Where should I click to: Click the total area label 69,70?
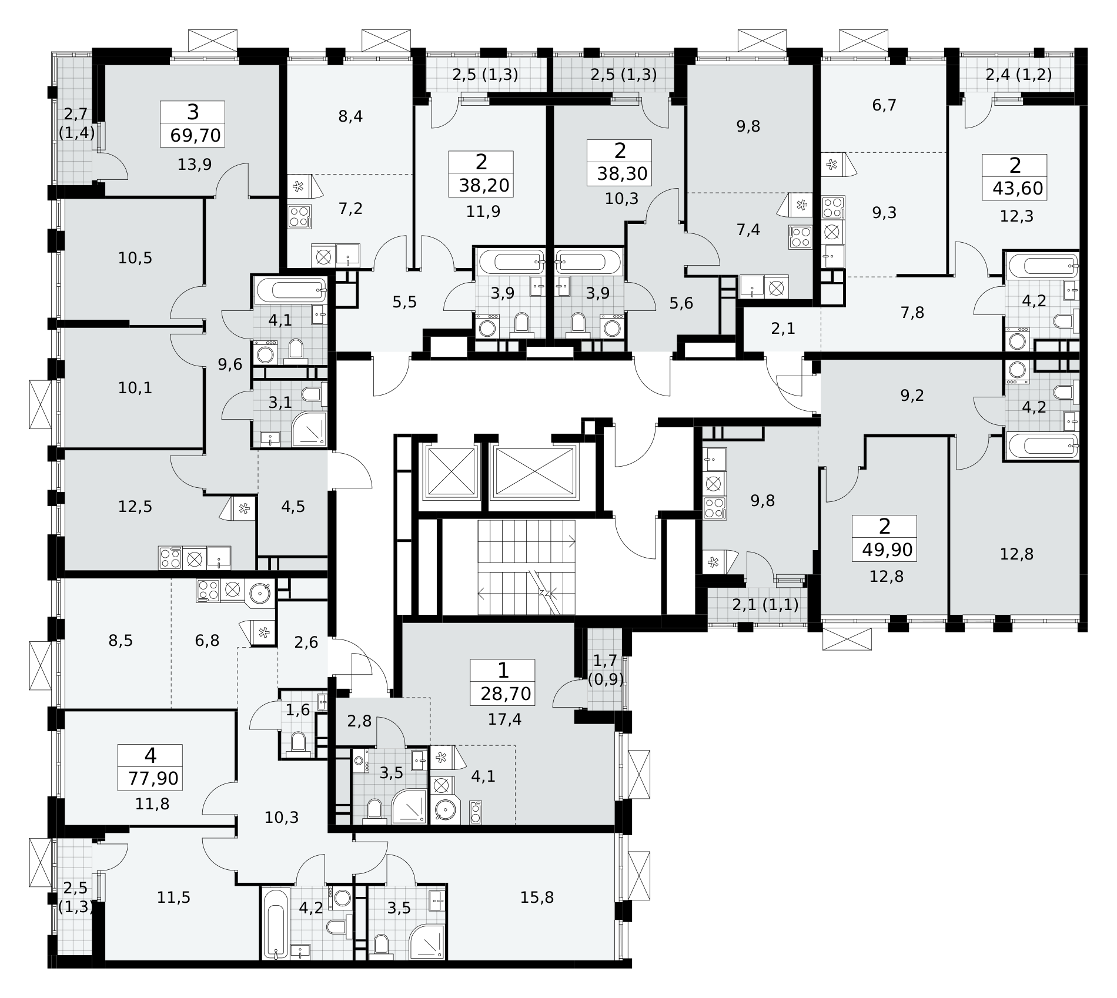coord(196,136)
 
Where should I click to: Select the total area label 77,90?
coord(153,779)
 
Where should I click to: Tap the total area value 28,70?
coord(506,694)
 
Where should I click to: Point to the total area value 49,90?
coord(888,550)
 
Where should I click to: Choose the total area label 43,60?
coord(1018,189)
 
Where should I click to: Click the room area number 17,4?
coord(504,719)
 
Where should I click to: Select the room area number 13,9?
coord(195,165)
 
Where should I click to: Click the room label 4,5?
coord(293,507)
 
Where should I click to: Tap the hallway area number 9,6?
coord(230,364)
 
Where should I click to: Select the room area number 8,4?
coord(350,116)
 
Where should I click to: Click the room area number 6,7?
coord(884,105)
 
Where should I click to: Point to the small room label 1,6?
coord(297,710)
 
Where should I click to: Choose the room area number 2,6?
coord(306,642)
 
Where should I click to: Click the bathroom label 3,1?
coord(280,403)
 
